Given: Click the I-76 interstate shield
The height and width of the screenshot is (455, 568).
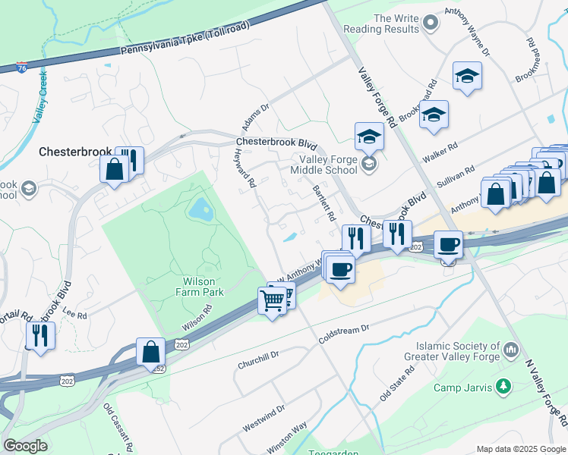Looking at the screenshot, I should click(23, 67).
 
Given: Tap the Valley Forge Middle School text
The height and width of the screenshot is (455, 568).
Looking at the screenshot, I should click(328, 165).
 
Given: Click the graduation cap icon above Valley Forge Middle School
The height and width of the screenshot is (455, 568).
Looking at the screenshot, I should click(369, 136).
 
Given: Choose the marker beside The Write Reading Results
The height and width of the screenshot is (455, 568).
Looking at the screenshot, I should click(431, 24).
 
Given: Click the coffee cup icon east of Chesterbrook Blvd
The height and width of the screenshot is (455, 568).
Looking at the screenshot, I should click(448, 245).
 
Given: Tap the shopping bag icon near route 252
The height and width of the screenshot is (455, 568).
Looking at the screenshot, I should click(151, 352).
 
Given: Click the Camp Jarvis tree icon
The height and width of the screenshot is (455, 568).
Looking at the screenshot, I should click(503, 388).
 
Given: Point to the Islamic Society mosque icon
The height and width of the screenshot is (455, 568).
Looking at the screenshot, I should click(511, 351).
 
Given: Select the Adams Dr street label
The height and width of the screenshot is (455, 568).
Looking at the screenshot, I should click(256, 117).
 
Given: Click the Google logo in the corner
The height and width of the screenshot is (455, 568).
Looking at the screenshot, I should click(26, 446).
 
